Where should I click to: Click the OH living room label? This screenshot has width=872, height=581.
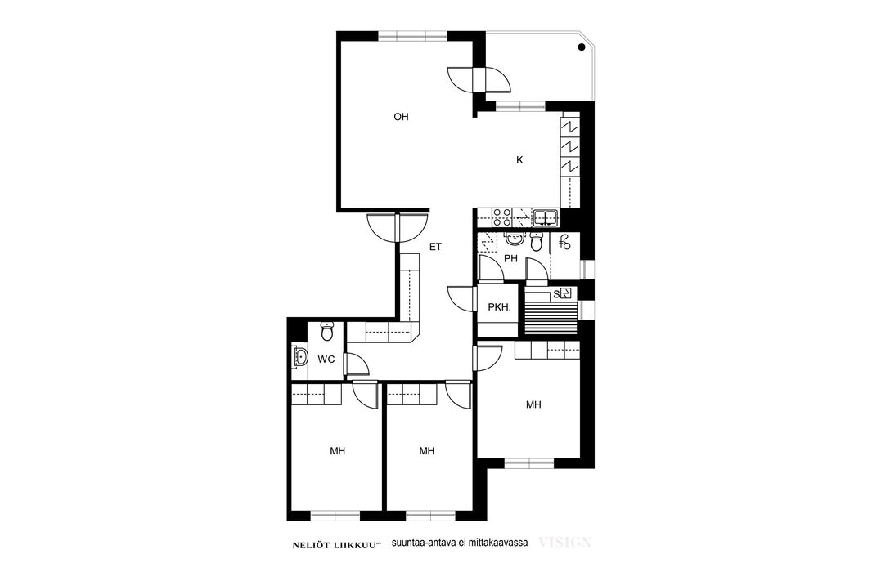tap(401, 117)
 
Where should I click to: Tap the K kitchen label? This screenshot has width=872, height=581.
tap(519, 160)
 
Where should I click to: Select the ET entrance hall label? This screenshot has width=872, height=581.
tap(435, 247)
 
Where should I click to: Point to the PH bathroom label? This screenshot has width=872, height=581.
tap(510, 258)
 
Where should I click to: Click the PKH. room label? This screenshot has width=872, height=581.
tap(499, 306)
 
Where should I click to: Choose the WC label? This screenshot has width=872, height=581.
tap(326, 360)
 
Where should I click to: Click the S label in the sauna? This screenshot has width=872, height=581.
tap(555, 294)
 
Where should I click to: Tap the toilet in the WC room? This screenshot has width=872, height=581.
tap(327, 331)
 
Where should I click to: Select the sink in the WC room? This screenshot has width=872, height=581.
tap(299, 356)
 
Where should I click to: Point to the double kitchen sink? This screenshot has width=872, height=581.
tap(546, 217)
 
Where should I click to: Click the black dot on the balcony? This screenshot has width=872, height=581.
tap(581, 47)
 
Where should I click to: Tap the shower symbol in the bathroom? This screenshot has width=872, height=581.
tap(565, 242)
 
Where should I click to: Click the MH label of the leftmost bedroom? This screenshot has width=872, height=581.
tap(338, 451)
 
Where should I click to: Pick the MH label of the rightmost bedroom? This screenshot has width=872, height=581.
tap(533, 405)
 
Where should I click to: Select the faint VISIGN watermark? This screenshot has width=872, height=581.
tap(564, 543)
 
